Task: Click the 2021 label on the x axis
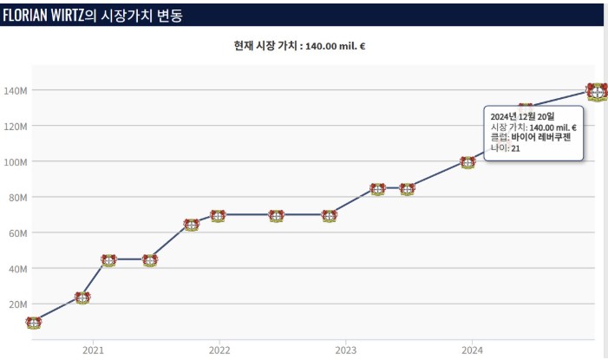(93, 350)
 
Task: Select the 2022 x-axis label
(219, 350)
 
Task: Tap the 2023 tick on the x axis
(345, 350)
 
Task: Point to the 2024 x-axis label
(472, 350)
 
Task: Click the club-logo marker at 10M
(34, 323)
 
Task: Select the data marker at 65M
(192, 225)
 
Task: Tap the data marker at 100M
(467, 162)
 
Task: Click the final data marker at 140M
(596, 90)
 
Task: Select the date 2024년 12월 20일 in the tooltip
(522, 115)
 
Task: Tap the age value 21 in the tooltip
(515, 149)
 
